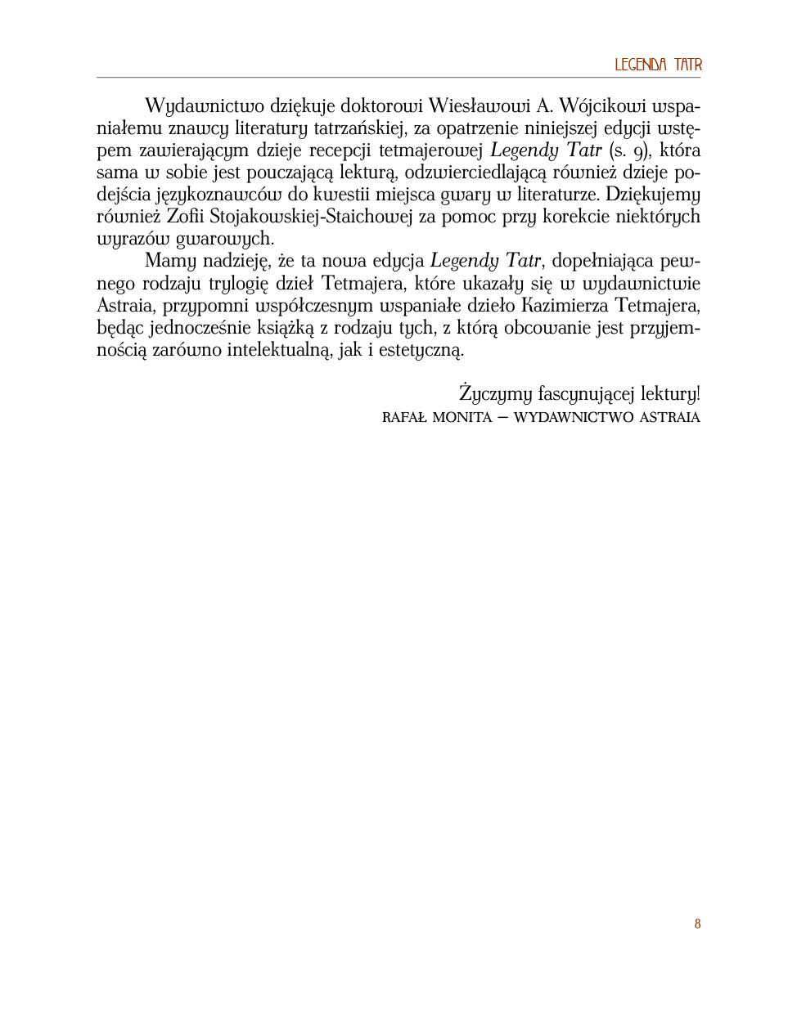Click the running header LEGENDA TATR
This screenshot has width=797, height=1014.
[x=658, y=65]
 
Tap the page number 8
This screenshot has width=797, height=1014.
[x=697, y=924]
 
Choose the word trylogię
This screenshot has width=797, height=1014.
[x=242, y=284]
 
